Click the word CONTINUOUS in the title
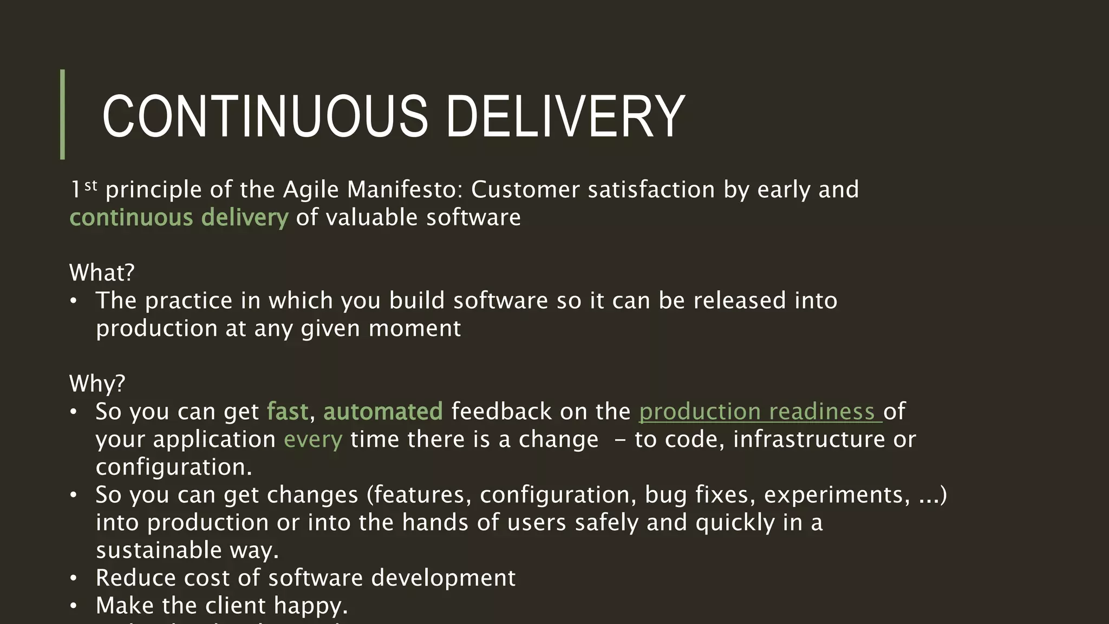point(265,116)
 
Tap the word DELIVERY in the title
point(565,116)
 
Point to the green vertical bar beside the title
point(62,114)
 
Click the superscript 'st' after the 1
point(91,186)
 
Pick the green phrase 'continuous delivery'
point(179,218)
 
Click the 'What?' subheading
point(102,272)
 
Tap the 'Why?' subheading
point(97,383)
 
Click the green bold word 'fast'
point(288,412)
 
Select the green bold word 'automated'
point(383,412)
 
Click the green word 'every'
point(313,439)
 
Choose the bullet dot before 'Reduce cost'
point(74,578)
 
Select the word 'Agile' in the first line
point(311,190)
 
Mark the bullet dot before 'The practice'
point(74,301)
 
